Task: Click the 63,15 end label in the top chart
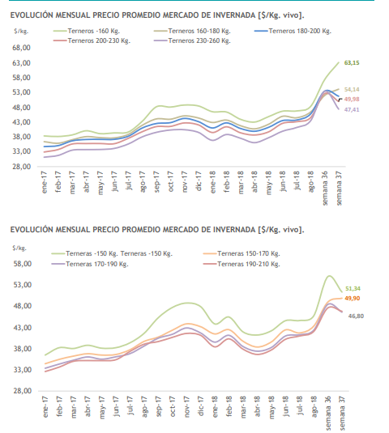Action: [x=352, y=63]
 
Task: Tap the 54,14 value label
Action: [x=352, y=90]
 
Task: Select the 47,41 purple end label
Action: [x=352, y=109]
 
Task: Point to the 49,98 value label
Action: [x=352, y=99]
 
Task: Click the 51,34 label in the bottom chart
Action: [x=353, y=289]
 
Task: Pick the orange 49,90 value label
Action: [x=353, y=298]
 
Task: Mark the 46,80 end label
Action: [x=356, y=316]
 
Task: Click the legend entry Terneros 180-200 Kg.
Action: [x=293, y=31]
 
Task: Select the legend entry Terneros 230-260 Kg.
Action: [x=192, y=40]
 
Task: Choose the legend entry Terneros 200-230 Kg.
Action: [x=92, y=40]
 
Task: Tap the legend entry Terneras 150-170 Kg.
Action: [x=242, y=253]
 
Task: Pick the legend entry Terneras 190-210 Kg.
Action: [x=242, y=264]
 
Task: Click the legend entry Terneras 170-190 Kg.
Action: [x=90, y=264]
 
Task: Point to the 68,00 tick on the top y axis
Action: [x=21, y=48]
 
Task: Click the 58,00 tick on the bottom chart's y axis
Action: [x=23, y=264]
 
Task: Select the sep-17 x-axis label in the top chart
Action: [x=156, y=182]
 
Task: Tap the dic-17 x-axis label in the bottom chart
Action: [x=201, y=406]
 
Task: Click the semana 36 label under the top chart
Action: [x=325, y=188]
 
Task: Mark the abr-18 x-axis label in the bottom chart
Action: [x=257, y=406]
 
